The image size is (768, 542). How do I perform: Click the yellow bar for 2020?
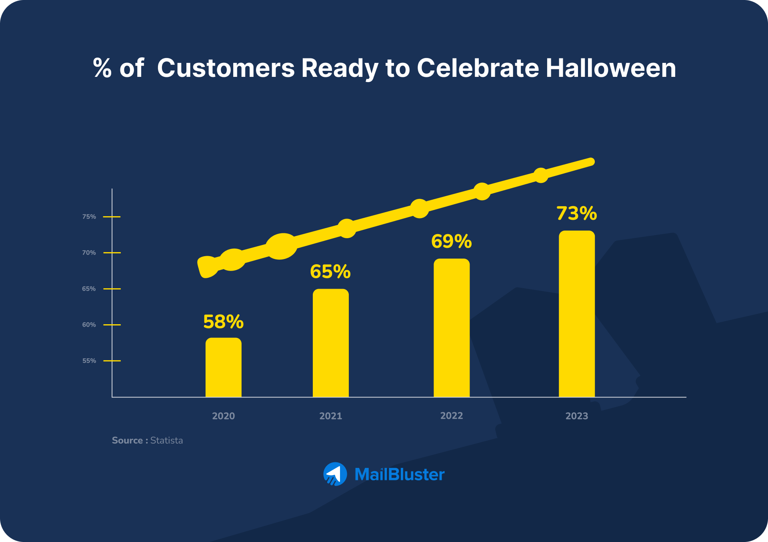click(223, 367)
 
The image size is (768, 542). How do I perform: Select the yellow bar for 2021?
click(330, 343)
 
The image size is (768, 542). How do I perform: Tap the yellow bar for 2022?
click(451, 328)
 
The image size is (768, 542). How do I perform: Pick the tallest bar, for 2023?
click(576, 314)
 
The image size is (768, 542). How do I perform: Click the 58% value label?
click(223, 322)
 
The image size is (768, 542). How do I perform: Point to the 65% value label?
click(330, 272)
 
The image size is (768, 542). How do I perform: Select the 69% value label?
click(451, 241)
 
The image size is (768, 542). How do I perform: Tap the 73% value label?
click(576, 213)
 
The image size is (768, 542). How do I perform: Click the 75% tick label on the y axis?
click(89, 217)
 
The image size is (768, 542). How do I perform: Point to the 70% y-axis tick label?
click(89, 253)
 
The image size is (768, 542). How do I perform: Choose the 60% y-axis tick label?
click(89, 325)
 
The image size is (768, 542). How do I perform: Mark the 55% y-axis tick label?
click(89, 361)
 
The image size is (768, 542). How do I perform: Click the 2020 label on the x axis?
click(223, 416)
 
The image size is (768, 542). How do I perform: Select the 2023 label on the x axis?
click(576, 416)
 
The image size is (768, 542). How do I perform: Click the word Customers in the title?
click(226, 68)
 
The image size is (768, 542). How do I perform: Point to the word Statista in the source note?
click(166, 440)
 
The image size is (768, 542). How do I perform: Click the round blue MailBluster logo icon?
click(335, 474)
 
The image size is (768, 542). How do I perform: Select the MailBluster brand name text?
click(399, 474)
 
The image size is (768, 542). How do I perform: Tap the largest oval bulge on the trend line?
click(282, 246)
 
